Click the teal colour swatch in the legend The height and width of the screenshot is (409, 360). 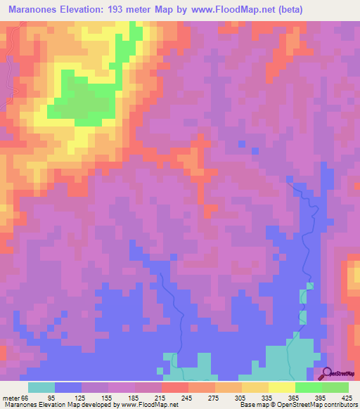point(41,387)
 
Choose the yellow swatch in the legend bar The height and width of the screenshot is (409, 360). point(281,387)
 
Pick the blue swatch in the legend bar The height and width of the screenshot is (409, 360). point(68,387)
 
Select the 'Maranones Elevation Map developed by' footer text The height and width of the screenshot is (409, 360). point(49,405)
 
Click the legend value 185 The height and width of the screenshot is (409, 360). point(130,397)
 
